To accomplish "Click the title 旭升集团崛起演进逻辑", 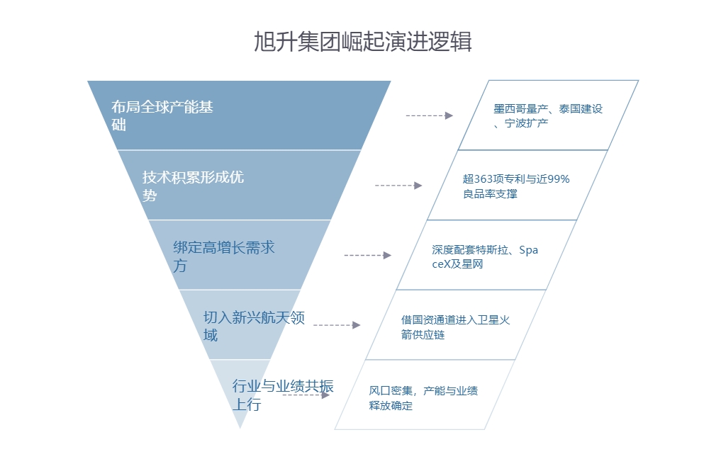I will (362, 42).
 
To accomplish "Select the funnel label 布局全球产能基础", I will (162, 116).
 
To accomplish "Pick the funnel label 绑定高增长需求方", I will (223, 256).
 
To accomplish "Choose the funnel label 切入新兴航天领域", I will (254, 326).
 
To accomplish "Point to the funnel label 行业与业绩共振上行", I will (282, 395).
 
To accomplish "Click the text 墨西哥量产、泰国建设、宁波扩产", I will (547, 116).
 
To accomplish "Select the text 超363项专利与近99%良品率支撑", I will (516, 186).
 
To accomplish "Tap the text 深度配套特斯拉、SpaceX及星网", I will (485, 256).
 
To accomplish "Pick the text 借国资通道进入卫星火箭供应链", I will (455, 327).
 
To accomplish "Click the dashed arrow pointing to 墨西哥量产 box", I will (429, 115).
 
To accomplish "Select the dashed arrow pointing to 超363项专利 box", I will (398, 186).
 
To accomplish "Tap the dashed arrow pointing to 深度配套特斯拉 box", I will (367, 255).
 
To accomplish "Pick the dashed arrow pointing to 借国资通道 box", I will (337, 325).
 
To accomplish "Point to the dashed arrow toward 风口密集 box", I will (306, 395).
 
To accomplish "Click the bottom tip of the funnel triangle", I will (240, 426).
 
